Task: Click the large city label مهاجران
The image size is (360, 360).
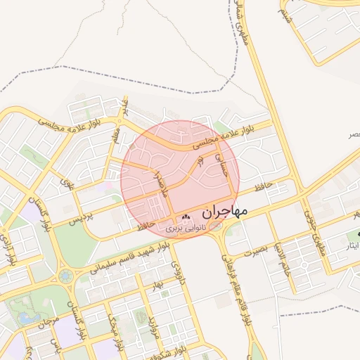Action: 225,211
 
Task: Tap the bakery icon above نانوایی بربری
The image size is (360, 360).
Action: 186,217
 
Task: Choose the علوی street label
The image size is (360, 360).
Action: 67,186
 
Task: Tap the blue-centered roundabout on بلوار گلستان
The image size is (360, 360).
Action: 65,275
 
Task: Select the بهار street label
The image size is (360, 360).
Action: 157,285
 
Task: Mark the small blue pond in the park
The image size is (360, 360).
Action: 29,318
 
